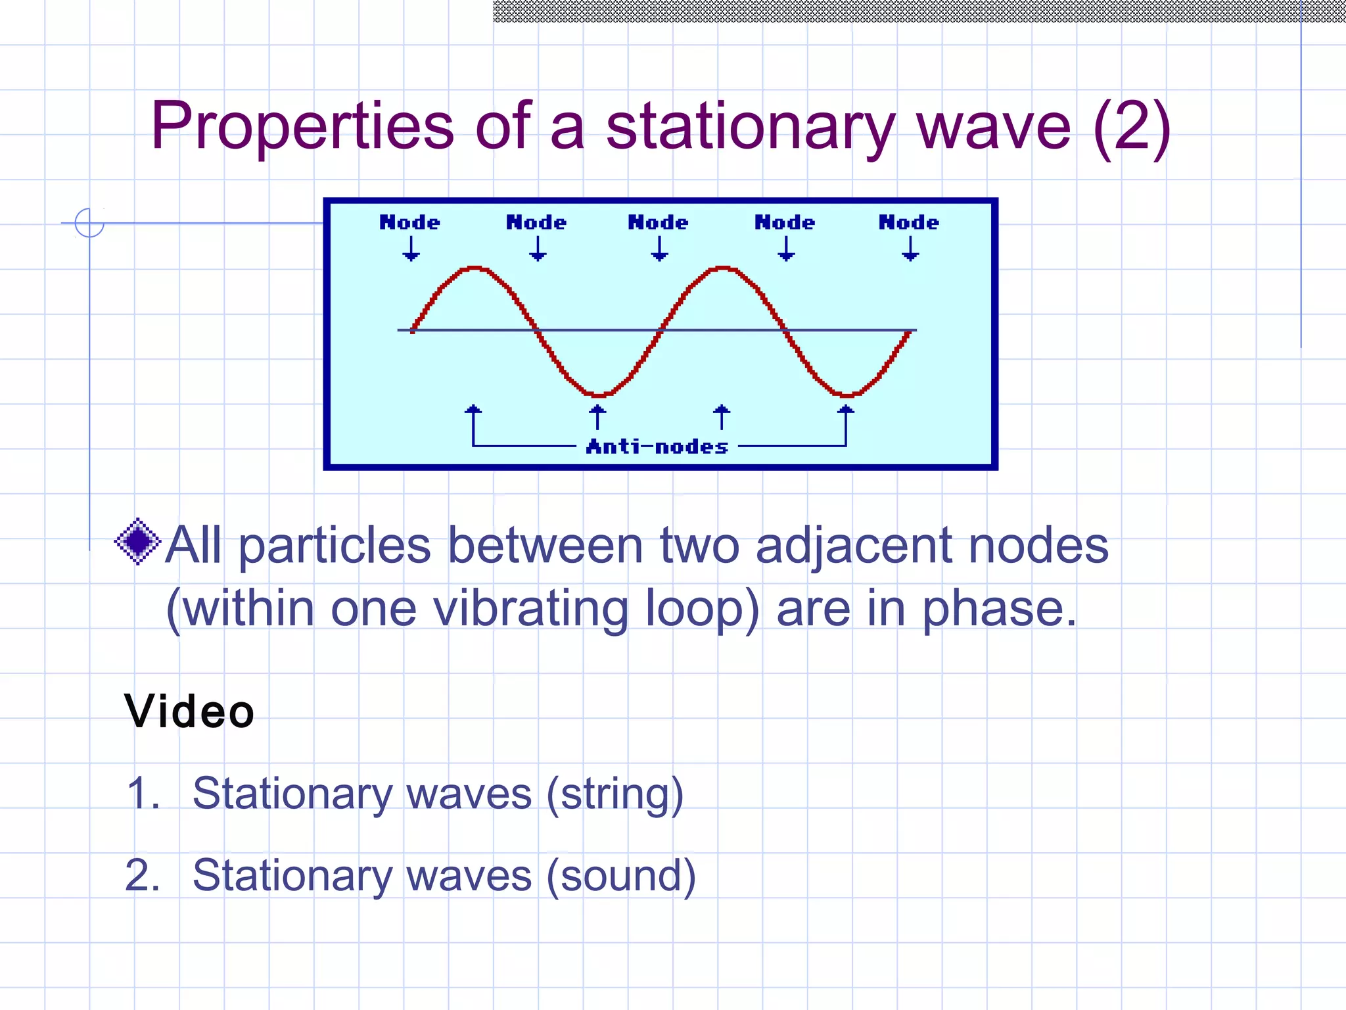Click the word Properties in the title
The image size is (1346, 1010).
click(x=302, y=126)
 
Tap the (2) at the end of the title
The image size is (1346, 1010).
click(x=1132, y=126)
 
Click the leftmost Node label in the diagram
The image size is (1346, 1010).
click(x=409, y=222)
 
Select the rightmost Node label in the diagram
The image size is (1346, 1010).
click(x=909, y=222)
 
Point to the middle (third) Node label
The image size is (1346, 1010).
click(x=658, y=222)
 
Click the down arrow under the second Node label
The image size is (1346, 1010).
click(x=538, y=249)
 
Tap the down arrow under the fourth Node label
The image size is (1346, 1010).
click(x=786, y=249)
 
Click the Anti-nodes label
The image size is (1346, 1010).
click(x=657, y=447)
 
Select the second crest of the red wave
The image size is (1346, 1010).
click(x=723, y=268)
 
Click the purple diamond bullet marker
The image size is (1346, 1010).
click(x=137, y=541)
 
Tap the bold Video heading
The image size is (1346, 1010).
click(x=189, y=711)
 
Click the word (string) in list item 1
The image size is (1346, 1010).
click(x=615, y=794)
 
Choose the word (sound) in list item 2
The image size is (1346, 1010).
click(x=621, y=876)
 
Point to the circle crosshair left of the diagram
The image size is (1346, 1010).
click(x=89, y=223)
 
